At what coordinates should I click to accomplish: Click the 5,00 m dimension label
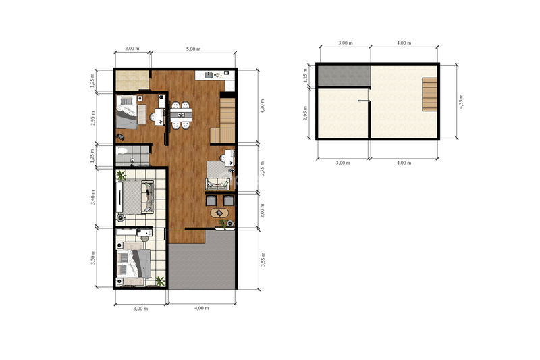(x=193, y=49)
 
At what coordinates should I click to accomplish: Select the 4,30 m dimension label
(x=263, y=106)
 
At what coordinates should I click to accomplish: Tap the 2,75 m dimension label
(x=263, y=168)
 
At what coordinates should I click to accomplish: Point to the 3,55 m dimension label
(x=263, y=259)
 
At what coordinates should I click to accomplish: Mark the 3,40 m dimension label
(x=92, y=197)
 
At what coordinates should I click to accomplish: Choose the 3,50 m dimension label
(x=92, y=257)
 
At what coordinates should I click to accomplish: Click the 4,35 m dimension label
(x=461, y=101)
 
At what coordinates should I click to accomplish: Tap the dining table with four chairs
(x=181, y=115)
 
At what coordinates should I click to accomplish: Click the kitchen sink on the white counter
(x=209, y=75)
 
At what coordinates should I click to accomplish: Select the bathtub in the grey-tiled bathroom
(x=122, y=151)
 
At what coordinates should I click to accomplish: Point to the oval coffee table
(x=219, y=213)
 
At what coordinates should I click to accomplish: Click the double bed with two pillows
(x=134, y=263)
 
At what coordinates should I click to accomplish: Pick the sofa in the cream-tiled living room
(x=148, y=197)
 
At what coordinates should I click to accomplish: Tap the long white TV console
(x=119, y=197)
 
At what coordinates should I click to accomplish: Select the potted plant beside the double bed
(x=160, y=281)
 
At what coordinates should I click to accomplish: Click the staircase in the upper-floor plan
(x=430, y=95)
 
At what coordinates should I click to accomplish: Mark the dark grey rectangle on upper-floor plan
(x=344, y=76)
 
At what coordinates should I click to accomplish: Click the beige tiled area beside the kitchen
(x=132, y=80)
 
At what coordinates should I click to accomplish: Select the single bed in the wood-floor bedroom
(x=126, y=112)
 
